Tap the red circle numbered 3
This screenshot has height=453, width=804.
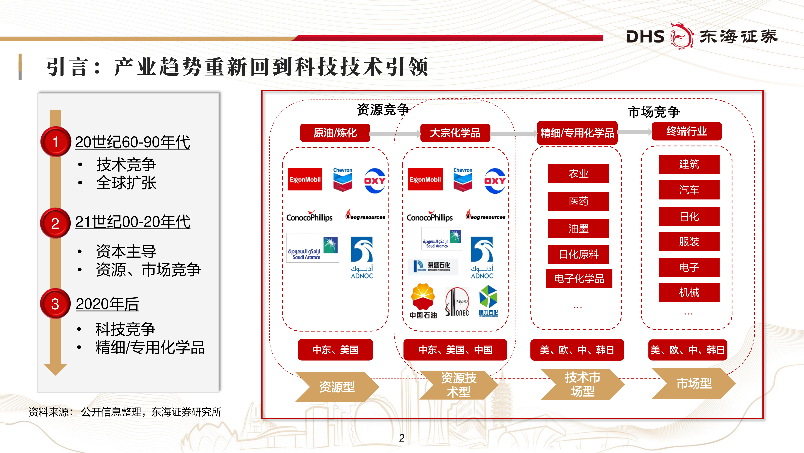[x=55, y=304]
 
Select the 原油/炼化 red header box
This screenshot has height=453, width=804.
[x=335, y=133]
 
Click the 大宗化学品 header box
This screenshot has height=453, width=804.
[x=455, y=133]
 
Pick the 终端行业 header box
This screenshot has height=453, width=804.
[x=686, y=131]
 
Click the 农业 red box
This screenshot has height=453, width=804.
[x=578, y=174]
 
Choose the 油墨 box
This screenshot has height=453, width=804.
[x=578, y=229]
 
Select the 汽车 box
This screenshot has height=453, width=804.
[x=689, y=190]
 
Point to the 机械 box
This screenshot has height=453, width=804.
[x=689, y=292]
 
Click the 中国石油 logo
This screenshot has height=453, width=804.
[x=423, y=301]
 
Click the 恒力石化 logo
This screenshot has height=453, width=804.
[x=488, y=301]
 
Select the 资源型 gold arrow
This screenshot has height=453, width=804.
[x=337, y=387]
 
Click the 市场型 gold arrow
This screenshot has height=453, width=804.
[x=693, y=383]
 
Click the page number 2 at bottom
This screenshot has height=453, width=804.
[x=402, y=438]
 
